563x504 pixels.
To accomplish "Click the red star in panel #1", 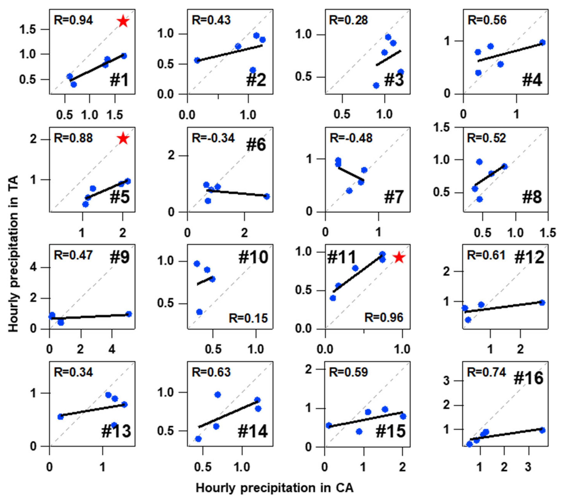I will pyautogui.click(x=123, y=21).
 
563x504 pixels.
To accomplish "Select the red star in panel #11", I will pyautogui.click(x=399, y=257).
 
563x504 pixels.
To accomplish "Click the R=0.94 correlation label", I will pyautogui.click(x=73, y=20).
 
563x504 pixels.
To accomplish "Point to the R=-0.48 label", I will pyautogui.click(x=351, y=138).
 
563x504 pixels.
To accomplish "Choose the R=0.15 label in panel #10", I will pyautogui.click(x=248, y=318).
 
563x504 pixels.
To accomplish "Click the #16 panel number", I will pyautogui.click(x=528, y=378).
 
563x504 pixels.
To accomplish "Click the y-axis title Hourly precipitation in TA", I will pyautogui.click(x=13, y=254).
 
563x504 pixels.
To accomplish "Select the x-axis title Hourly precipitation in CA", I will pyautogui.click(x=275, y=488).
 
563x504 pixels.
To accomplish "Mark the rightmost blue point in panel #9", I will pyautogui.click(x=129, y=314).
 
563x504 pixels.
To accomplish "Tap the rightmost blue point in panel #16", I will pyautogui.click(x=542, y=430).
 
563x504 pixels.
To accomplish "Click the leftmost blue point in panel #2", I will pyautogui.click(x=197, y=60).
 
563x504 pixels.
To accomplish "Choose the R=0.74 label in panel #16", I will pyautogui.click(x=486, y=372).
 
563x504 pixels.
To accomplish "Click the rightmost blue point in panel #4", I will pyautogui.click(x=542, y=43).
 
